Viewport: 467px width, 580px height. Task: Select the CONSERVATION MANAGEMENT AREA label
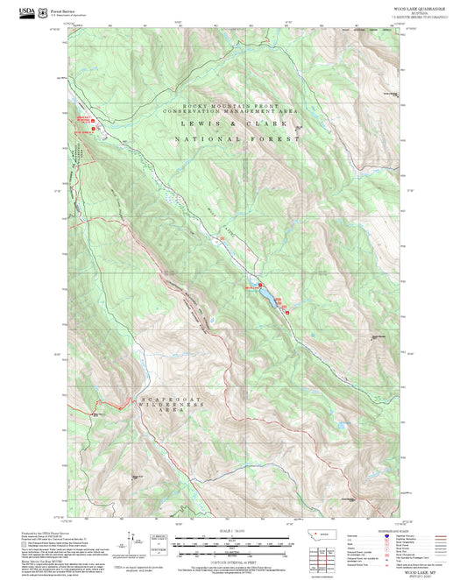234,112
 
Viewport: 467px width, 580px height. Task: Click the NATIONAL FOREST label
233,139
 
